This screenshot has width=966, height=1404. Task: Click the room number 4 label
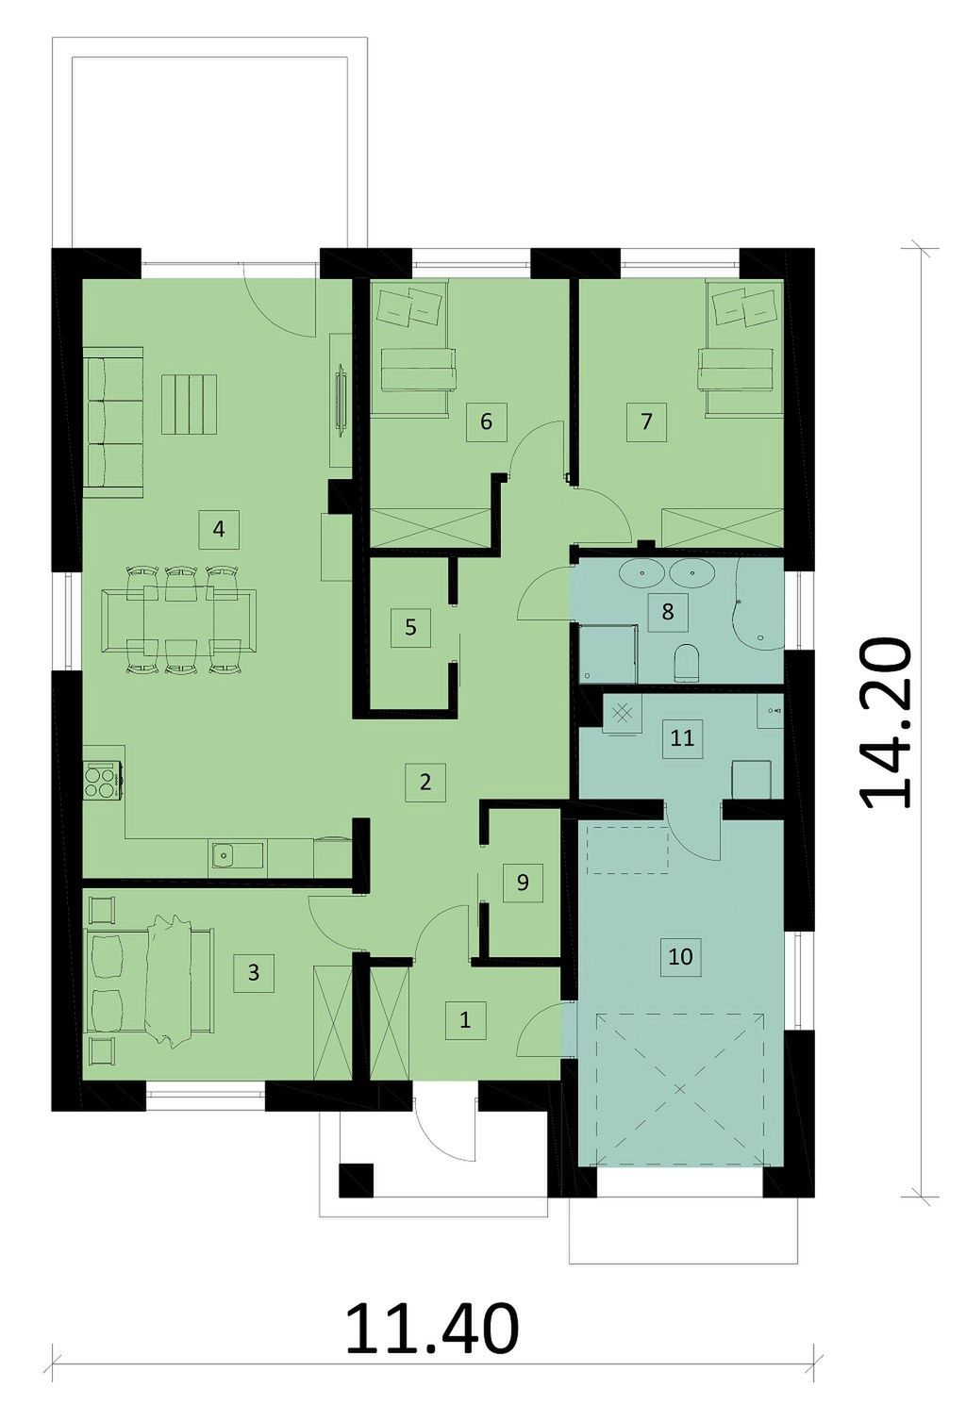coord(218,530)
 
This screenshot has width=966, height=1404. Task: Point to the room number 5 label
coord(411,627)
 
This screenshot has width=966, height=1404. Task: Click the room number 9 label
coord(523,883)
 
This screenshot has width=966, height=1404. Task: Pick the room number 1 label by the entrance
coord(465,1020)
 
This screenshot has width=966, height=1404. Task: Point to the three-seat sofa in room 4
coord(113,422)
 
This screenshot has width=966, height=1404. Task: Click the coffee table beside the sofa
coord(189,405)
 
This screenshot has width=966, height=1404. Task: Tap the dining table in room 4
coord(179,620)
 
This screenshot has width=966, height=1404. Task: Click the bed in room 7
coord(744,349)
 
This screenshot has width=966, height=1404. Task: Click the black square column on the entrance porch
coord(356,1181)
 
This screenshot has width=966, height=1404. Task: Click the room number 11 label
coord(682,737)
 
